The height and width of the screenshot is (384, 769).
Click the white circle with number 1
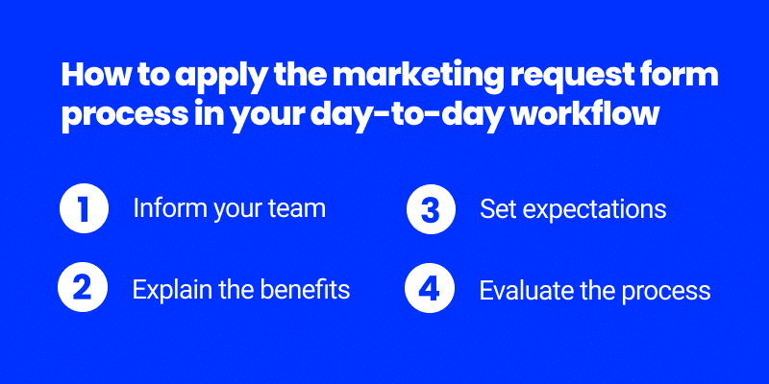tap(84, 208)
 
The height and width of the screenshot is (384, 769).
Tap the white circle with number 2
tap(83, 288)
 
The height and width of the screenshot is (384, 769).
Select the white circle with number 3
tap(431, 208)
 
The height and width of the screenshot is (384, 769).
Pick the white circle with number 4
tap(429, 288)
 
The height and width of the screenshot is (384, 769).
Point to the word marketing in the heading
tap(419, 79)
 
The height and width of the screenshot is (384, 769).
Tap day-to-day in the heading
tap(417, 115)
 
